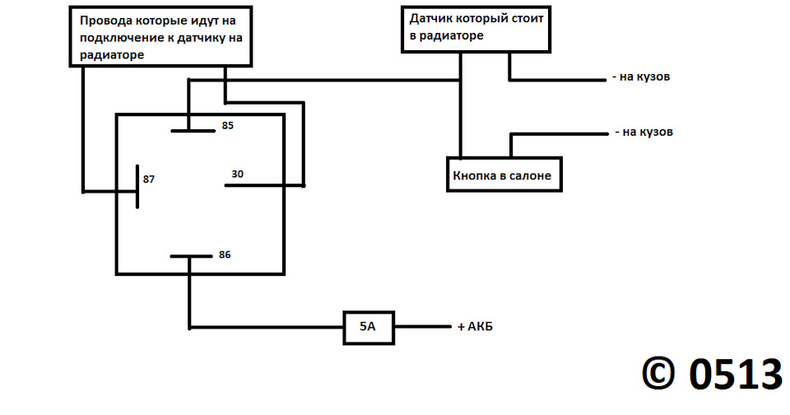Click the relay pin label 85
point(228,125)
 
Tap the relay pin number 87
point(149,180)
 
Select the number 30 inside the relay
point(237,174)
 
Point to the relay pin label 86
point(225,255)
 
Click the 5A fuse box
point(369,328)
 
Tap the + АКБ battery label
point(475,327)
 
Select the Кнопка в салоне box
point(504,175)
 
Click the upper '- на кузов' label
point(641,77)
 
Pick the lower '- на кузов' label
point(644,132)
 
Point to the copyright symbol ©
point(658,374)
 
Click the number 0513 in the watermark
point(735,375)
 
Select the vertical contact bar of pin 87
point(137,187)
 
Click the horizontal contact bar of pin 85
point(193,131)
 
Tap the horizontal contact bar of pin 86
point(192,256)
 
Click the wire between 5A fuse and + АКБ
point(423,327)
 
